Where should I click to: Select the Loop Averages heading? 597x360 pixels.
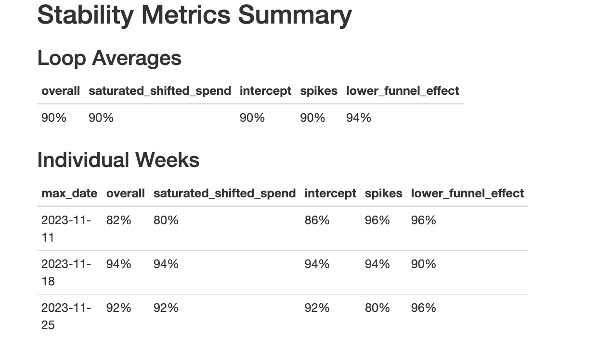click(x=109, y=58)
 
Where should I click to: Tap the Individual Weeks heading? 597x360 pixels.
click(x=118, y=160)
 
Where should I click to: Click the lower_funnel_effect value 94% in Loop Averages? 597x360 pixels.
click(x=359, y=117)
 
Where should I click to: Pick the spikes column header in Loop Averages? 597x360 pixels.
click(x=319, y=90)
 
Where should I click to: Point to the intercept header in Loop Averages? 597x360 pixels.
click(x=265, y=90)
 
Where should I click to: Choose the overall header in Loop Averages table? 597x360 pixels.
click(x=61, y=90)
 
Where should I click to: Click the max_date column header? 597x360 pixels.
click(x=69, y=193)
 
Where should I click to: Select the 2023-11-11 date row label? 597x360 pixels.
click(x=66, y=229)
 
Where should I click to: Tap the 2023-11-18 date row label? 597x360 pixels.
click(x=66, y=272)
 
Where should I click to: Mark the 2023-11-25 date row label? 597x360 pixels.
click(x=66, y=316)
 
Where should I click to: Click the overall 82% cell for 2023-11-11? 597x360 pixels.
click(x=119, y=220)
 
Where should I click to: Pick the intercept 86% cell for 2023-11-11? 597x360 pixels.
click(x=317, y=220)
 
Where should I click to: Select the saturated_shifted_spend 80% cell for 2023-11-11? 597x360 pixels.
click(x=166, y=220)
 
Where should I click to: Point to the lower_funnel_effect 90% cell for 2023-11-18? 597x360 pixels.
click(x=424, y=264)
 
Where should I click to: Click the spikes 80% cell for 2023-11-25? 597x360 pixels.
click(x=377, y=308)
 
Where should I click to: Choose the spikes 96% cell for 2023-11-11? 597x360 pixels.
click(x=377, y=220)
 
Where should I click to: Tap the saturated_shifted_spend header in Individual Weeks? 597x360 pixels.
click(x=224, y=193)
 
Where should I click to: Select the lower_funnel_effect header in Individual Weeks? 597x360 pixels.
click(x=467, y=193)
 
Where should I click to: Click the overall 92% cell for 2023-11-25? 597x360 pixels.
click(x=119, y=308)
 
